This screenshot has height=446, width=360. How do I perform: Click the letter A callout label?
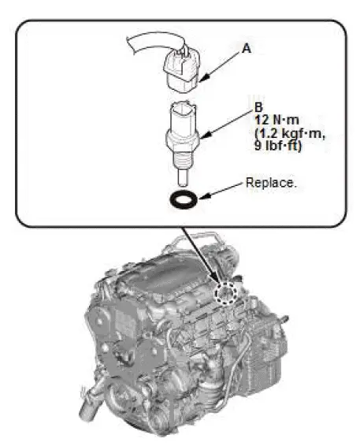247,48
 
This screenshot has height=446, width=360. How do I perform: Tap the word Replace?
270,182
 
